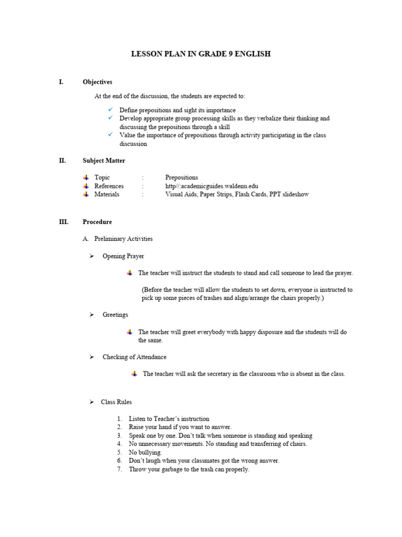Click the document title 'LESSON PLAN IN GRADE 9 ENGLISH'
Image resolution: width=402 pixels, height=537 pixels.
[200, 54]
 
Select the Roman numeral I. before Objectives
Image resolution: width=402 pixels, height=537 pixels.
[61, 82]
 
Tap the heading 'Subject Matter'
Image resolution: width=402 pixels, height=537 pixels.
[104, 160]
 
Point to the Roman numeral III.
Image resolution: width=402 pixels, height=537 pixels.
[63, 222]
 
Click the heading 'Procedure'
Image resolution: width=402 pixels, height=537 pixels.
[97, 222]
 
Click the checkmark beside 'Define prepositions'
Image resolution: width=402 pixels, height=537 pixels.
[110, 110]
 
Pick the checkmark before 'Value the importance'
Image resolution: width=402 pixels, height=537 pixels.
[110, 135]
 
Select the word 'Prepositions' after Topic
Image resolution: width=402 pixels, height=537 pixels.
[182, 177]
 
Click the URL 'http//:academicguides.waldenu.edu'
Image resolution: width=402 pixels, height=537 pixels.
[211, 186]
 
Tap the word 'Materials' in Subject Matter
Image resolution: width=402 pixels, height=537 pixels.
[107, 194]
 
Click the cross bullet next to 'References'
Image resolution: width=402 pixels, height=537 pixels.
[86, 186]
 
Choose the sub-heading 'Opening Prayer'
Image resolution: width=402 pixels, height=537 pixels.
[123, 256]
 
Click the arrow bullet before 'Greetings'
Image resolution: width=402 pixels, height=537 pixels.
[92, 315]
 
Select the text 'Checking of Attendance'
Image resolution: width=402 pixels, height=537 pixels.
[135, 357]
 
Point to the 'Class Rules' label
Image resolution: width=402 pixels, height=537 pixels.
[116, 402]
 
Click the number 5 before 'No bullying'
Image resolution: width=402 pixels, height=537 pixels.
[119, 452]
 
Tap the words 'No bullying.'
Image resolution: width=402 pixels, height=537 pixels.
[146, 452]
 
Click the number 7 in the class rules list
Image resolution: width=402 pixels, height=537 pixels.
[119, 469]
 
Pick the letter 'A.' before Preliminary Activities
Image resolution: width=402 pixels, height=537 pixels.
[86, 239]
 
